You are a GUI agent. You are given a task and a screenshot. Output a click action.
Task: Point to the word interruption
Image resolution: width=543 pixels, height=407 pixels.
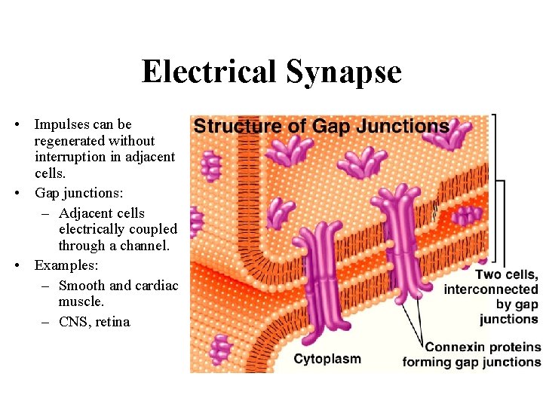(x=69, y=157)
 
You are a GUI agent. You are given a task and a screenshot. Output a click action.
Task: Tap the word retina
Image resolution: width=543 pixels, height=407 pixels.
(x=113, y=322)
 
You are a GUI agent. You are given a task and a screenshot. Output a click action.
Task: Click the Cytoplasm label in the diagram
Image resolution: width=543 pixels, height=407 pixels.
(x=327, y=359)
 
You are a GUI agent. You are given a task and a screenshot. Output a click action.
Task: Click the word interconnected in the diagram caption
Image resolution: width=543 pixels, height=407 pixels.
(x=491, y=289)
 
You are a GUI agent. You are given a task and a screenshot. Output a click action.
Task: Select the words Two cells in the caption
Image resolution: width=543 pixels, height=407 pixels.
(x=506, y=275)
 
